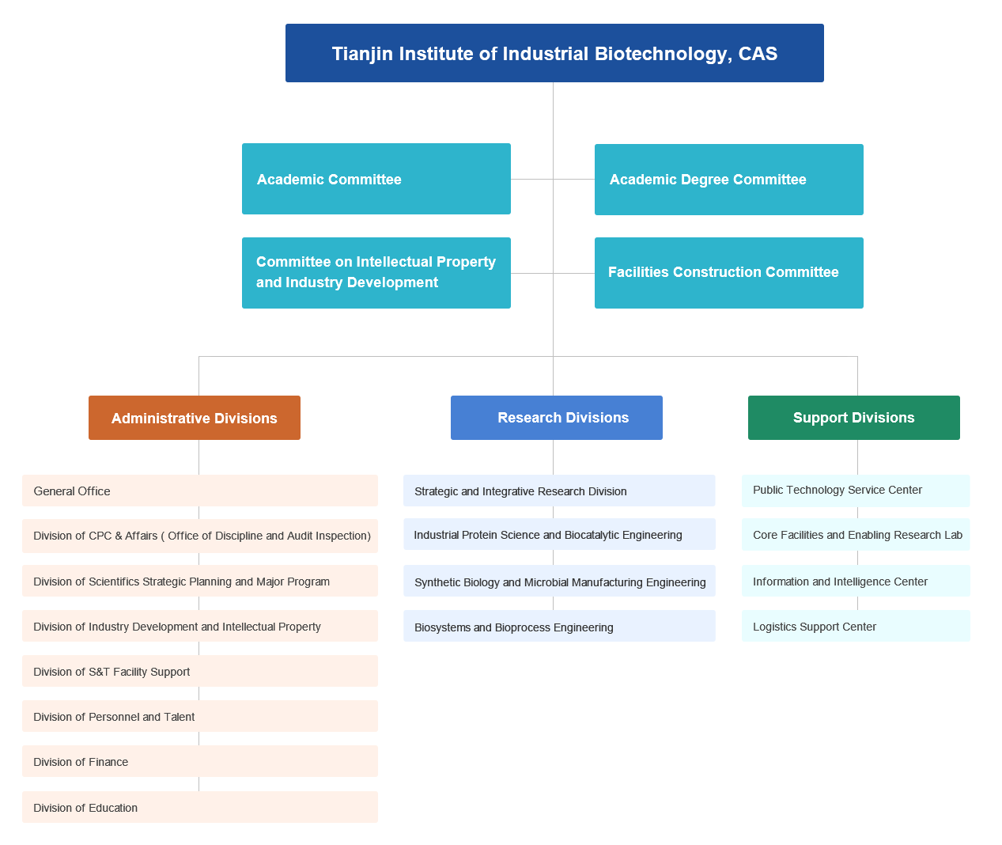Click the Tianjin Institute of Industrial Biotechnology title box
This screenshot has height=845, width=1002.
(554, 53)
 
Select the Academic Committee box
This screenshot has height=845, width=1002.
(376, 179)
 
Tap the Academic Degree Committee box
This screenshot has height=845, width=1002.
(728, 180)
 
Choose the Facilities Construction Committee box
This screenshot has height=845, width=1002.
(728, 273)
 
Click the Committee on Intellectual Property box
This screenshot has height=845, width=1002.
(376, 273)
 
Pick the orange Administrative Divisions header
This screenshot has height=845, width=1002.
(195, 418)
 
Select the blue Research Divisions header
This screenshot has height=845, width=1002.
(557, 418)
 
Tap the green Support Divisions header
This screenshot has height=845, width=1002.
(854, 418)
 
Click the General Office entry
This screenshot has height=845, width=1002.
(200, 491)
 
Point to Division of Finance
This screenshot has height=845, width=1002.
(200, 761)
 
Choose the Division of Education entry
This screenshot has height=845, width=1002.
(200, 807)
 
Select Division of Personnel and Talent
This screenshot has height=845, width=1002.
(200, 716)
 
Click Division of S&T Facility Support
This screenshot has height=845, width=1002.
(200, 671)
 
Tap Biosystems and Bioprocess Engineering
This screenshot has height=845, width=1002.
(559, 627)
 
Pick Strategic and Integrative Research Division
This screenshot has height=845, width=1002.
(559, 491)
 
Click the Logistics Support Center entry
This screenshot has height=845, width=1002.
(856, 626)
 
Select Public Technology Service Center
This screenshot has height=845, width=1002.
(856, 491)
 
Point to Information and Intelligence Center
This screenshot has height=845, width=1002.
(856, 581)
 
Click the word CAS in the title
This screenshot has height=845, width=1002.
(758, 54)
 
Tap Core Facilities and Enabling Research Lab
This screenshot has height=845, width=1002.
(856, 535)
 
